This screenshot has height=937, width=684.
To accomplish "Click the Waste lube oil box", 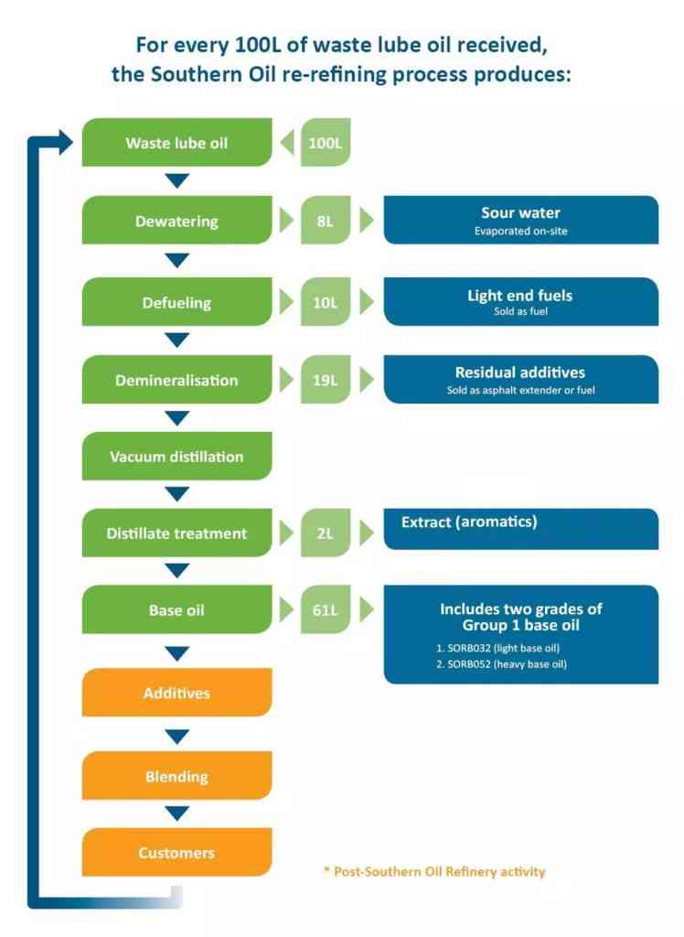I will [176, 143].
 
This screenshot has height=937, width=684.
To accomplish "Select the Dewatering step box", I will [176, 221].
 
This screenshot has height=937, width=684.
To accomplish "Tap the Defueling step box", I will [176, 303].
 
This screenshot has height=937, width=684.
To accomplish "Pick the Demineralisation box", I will [176, 380].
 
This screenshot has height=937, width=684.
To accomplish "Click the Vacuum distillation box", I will [176, 456].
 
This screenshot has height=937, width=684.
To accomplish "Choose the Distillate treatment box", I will [176, 533].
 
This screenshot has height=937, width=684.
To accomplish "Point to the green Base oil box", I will [176, 610].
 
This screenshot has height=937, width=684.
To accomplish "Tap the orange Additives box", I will [176, 693].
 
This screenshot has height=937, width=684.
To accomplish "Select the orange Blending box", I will [176, 776].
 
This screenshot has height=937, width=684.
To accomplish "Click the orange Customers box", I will [176, 853].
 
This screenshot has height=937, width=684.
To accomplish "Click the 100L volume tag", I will [326, 143].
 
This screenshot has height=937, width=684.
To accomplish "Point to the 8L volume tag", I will [326, 221].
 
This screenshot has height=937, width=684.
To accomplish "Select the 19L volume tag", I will [326, 380].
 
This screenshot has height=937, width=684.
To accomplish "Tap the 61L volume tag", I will [326, 610].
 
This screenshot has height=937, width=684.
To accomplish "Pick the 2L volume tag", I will [326, 533].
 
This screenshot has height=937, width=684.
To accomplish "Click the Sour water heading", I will [520, 213].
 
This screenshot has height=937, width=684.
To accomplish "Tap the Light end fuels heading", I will [520, 296].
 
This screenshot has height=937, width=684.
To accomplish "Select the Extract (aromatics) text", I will [469, 522].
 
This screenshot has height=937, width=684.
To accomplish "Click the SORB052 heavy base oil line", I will [503, 663].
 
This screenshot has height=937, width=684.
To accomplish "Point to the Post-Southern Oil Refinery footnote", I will [434, 871].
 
